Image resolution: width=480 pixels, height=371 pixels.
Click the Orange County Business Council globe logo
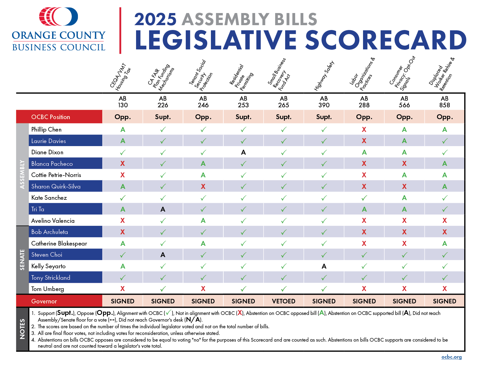[58, 17]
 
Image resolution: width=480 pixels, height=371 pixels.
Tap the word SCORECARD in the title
[385, 40]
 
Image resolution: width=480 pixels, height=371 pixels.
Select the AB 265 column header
[284, 102]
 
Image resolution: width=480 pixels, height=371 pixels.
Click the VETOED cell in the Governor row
[284, 301]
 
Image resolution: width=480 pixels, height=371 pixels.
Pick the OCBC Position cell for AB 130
[123, 117]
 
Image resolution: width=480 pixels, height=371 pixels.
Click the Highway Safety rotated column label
[324, 76]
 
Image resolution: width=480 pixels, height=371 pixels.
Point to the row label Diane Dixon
[47, 152]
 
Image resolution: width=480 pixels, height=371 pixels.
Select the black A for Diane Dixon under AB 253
[243, 152]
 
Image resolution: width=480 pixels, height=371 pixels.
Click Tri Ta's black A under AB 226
[163, 209]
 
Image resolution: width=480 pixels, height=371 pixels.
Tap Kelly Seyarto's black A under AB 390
[324, 266]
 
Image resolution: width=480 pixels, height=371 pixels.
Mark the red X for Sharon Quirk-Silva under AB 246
[203, 186]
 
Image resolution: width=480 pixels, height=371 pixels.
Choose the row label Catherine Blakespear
[59, 243]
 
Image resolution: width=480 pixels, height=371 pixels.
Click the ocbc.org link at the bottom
[452, 357]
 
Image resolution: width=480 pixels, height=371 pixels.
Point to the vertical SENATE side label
[22, 260]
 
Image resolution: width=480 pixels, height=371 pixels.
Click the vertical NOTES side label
[22, 329]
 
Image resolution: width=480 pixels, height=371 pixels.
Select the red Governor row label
[44, 301]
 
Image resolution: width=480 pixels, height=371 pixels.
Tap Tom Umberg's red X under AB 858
[445, 289]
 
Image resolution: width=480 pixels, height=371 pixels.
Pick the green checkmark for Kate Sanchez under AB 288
[364, 198]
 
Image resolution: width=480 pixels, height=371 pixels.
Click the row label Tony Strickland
[51, 278]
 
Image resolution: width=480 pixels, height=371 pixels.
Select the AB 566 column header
[404, 102]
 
